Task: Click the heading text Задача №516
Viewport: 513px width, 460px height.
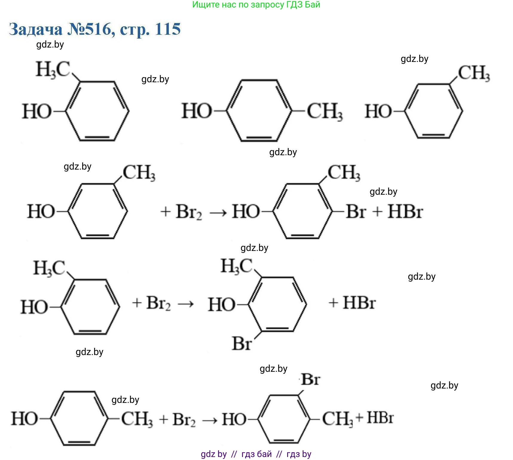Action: [x=94, y=29]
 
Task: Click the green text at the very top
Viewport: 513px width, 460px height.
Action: [x=256, y=5]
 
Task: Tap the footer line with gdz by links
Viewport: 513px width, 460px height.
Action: [x=256, y=454]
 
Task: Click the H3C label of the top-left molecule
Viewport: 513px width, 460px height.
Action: [x=53, y=70]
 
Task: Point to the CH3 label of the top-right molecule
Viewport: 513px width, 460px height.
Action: [x=474, y=73]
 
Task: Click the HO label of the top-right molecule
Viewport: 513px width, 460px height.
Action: [x=378, y=112]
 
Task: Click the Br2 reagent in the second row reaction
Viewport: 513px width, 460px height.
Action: [x=189, y=212]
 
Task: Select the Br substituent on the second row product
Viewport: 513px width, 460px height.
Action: [x=356, y=212]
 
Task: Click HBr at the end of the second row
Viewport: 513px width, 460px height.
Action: [x=405, y=212]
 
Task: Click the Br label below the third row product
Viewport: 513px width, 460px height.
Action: [x=242, y=344]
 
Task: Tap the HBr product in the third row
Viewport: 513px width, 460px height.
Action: [x=359, y=303]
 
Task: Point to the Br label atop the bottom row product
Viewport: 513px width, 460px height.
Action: [x=311, y=380]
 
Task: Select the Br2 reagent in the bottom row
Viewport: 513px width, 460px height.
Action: [x=184, y=419]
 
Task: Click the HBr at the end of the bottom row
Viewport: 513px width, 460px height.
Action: [x=380, y=418]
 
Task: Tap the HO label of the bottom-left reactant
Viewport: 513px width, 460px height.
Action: [x=24, y=418]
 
